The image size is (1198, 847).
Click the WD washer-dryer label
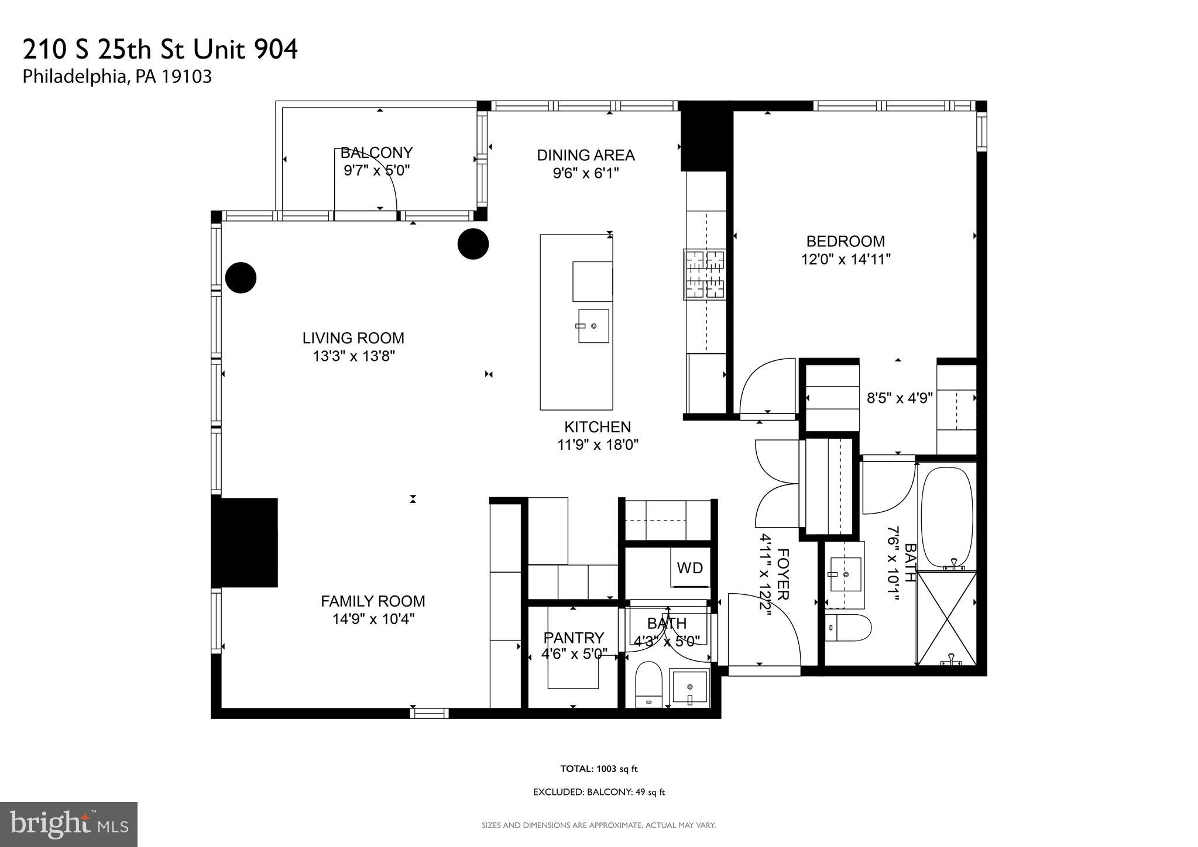pyautogui.click(x=689, y=568)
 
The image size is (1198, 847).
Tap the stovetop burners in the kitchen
pyautogui.click(x=705, y=274)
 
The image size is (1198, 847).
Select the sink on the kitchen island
pyautogui.click(x=593, y=326)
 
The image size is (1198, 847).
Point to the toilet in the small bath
pyautogui.click(x=648, y=684)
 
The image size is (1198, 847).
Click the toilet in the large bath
pyautogui.click(x=847, y=628)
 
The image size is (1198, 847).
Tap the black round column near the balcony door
pyautogui.click(x=473, y=243)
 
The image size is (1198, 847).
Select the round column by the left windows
pyautogui.click(x=241, y=277)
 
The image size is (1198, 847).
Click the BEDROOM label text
pyautogui.click(x=845, y=241)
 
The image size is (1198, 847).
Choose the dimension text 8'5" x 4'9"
pyautogui.click(x=899, y=398)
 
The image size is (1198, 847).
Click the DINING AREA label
pyautogui.click(x=585, y=155)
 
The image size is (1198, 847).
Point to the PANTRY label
pyautogui.click(x=574, y=638)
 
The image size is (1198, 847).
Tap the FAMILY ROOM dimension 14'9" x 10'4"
pyautogui.click(x=373, y=619)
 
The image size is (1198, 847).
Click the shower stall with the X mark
pyautogui.click(x=946, y=618)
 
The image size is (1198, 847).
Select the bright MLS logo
pyautogui.click(x=68, y=824)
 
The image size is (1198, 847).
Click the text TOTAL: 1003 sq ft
pyautogui.click(x=598, y=769)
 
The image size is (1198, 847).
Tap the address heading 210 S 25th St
pyautogui.click(x=160, y=50)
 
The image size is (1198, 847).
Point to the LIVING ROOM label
pyautogui.click(x=353, y=338)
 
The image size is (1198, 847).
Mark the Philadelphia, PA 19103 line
pyautogui.click(x=117, y=77)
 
